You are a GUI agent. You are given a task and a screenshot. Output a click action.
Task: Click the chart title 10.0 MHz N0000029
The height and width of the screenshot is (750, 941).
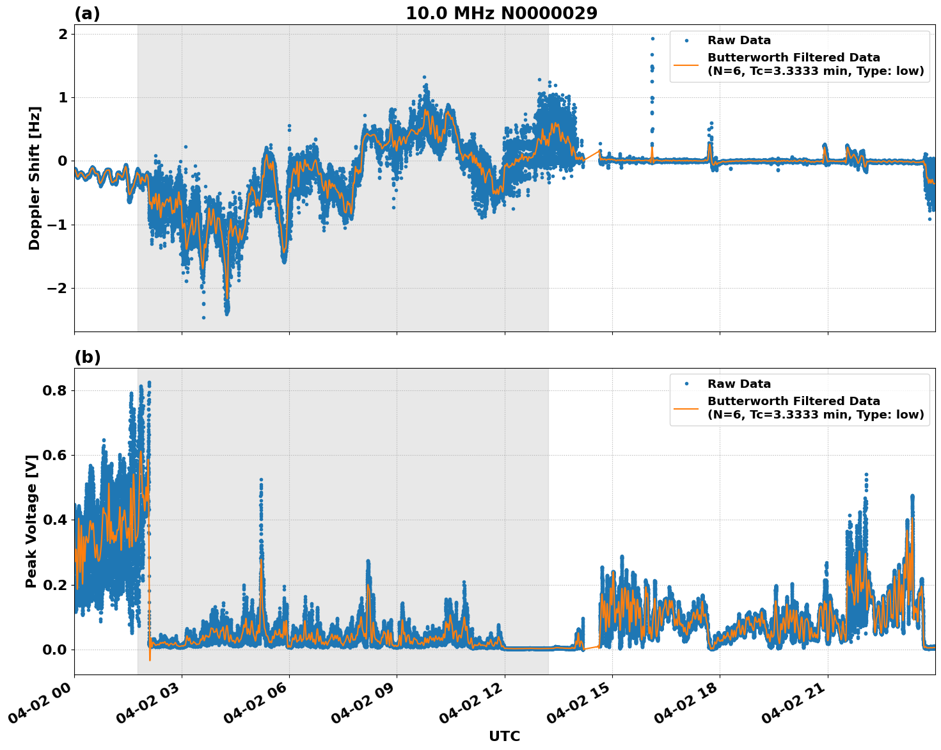click(502, 13)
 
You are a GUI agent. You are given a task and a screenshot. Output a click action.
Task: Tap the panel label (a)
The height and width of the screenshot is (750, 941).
click(87, 13)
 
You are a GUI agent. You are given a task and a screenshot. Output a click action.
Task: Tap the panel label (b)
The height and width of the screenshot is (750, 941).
click(87, 357)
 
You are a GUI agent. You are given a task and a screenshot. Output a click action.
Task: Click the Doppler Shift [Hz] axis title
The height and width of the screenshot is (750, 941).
click(35, 178)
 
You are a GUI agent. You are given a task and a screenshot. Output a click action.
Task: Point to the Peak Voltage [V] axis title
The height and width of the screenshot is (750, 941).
click(31, 521)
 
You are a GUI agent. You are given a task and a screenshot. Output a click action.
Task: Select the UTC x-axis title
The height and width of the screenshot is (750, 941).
click(504, 736)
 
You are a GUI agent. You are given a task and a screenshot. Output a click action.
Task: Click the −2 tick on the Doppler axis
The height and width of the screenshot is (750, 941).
click(58, 289)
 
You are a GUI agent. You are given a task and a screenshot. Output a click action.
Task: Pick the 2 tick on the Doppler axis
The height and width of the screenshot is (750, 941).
click(63, 35)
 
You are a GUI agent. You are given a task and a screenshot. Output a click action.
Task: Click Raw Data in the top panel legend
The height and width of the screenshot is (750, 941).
click(739, 40)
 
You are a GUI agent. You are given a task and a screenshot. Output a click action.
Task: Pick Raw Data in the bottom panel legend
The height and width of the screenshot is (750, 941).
click(739, 384)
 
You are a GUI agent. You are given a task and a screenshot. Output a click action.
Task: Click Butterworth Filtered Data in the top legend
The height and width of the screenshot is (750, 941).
click(793, 58)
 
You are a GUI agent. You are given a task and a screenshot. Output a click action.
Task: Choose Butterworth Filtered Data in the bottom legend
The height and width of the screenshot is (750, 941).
click(793, 401)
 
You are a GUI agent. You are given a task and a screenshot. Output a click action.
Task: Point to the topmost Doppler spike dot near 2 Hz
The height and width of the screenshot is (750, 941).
click(652, 38)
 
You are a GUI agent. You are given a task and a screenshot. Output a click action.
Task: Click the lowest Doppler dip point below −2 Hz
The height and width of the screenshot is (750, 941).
click(204, 317)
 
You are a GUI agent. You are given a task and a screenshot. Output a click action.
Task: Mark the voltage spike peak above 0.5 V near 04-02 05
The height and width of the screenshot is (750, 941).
click(261, 479)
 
